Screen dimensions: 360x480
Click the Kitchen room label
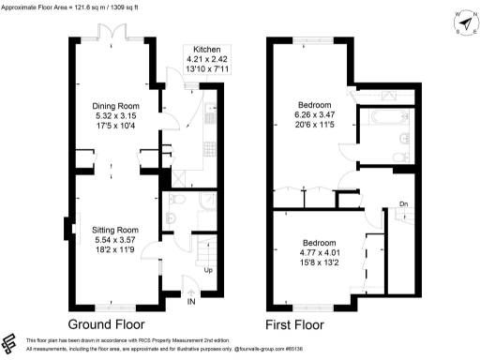point(206,49)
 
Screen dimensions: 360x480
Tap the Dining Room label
point(114,106)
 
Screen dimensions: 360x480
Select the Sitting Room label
point(114,230)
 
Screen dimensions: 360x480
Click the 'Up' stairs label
point(210,271)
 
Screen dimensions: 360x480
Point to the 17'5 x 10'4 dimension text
point(114,127)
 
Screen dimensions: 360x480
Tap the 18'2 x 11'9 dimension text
point(114,250)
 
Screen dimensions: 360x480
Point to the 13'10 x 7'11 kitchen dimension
point(206,69)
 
